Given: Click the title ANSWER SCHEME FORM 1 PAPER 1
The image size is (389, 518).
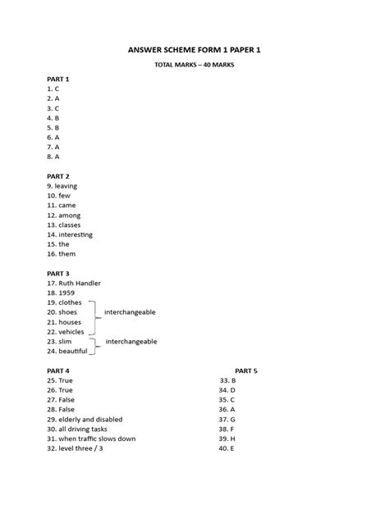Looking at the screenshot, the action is pyautogui.click(x=194, y=50).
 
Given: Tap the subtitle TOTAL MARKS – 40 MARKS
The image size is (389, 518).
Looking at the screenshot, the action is pyautogui.click(x=194, y=66).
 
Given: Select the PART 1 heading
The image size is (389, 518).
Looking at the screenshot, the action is pyautogui.click(x=58, y=79).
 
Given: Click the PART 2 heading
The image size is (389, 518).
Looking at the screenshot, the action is pyautogui.click(x=58, y=176).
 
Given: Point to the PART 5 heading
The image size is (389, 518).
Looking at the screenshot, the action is pyautogui.click(x=245, y=370).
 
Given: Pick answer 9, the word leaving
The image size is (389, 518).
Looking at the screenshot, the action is pyautogui.click(x=66, y=186).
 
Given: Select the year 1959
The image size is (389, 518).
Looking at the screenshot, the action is pyautogui.click(x=68, y=293).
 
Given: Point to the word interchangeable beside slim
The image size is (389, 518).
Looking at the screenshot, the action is pyautogui.click(x=131, y=341).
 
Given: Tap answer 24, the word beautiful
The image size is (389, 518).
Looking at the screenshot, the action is pyautogui.click(x=76, y=351).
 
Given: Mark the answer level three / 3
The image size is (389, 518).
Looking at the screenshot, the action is pyautogui.click(x=81, y=448).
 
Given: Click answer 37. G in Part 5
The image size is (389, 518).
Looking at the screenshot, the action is pyautogui.click(x=227, y=419).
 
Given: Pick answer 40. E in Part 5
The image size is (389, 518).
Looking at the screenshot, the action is pyautogui.click(x=227, y=448).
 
